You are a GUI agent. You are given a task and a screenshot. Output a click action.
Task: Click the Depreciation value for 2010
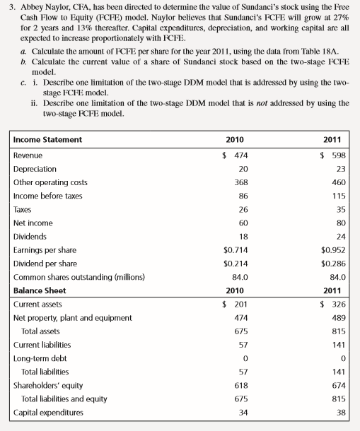coord(243,168)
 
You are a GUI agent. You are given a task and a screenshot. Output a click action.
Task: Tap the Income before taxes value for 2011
coord(339,196)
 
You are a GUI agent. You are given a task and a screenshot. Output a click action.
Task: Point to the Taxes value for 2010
coord(243,209)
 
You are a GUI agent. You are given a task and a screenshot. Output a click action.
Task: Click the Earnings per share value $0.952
coord(333,249)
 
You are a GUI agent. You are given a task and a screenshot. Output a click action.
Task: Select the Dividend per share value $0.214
coord(236,263)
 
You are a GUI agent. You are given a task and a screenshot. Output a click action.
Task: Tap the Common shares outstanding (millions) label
coord(69,277)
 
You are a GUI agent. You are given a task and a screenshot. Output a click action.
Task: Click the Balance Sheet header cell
coord(40,290)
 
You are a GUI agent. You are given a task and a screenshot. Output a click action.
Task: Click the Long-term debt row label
coord(34,358)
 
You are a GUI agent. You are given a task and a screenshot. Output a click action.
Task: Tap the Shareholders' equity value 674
coord(339,385)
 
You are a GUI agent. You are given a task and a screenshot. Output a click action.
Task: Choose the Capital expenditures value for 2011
coord(341,412)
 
